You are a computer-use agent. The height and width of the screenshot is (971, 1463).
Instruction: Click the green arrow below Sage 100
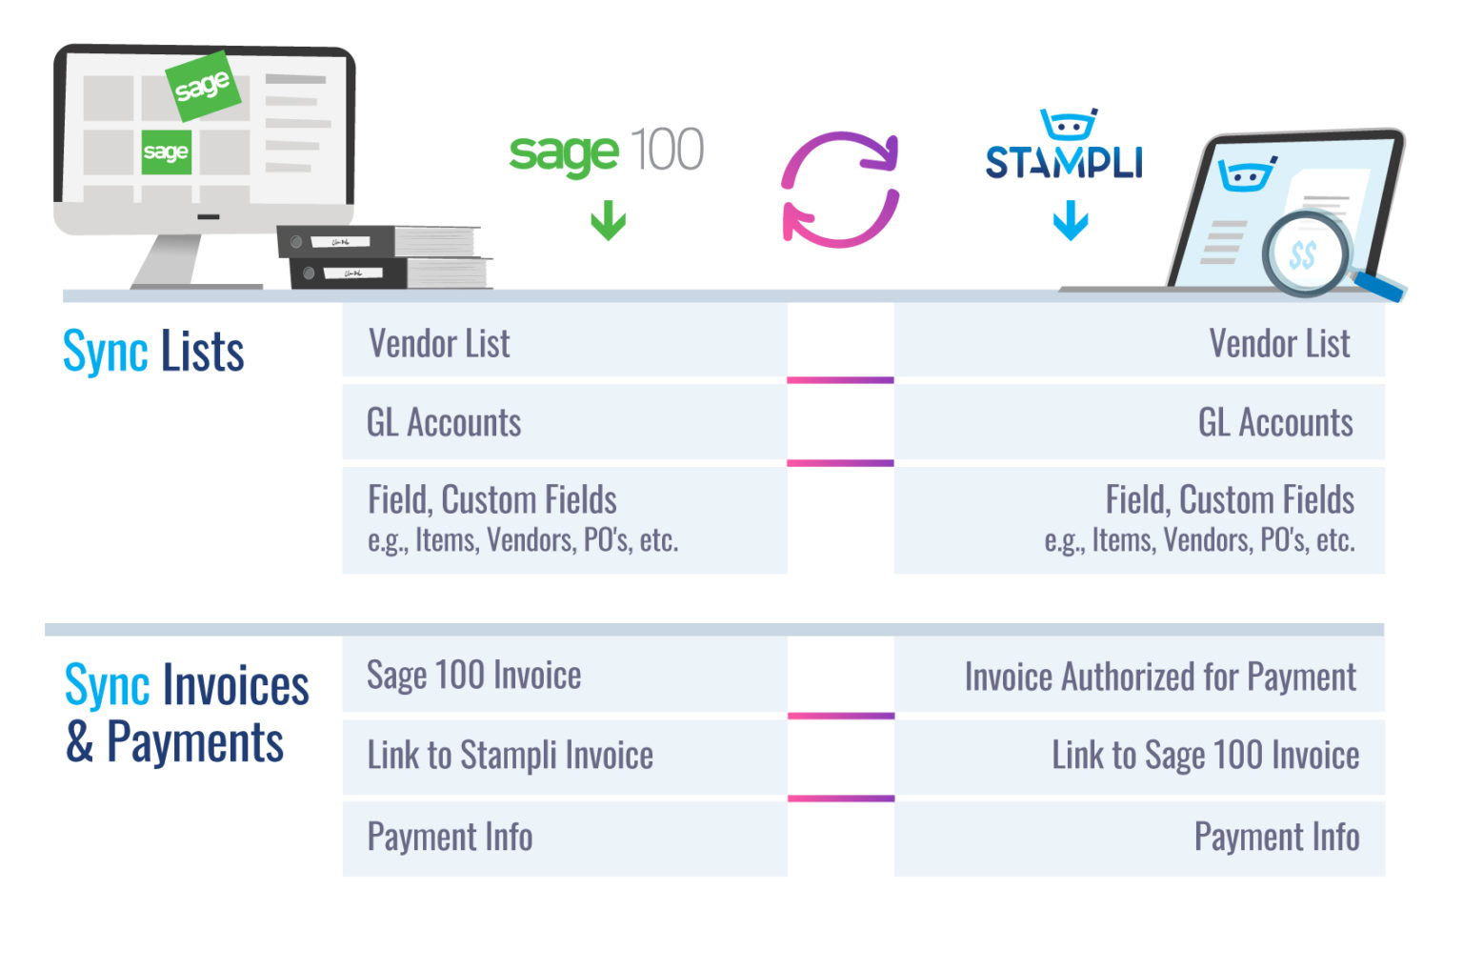point(608,221)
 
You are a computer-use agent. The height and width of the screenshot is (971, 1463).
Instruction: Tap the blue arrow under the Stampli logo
point(1071,220)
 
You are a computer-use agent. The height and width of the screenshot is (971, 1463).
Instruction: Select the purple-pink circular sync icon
point(840,190)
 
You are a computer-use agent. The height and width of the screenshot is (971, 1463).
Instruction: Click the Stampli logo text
point(1064,162)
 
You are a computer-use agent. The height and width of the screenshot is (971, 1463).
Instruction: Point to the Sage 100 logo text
point(606,152)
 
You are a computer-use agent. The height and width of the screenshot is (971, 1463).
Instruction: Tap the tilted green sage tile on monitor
point(202,86)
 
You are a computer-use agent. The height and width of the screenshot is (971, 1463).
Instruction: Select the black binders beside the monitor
point(384,256)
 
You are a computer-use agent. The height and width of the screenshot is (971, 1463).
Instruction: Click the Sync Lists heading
point(153,351)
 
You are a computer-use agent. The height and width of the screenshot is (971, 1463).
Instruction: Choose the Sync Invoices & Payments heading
point(187,713)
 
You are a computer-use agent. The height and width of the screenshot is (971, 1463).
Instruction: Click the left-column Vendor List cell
point(564,343)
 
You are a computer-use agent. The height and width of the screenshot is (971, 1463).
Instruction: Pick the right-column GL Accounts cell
point(1139,422)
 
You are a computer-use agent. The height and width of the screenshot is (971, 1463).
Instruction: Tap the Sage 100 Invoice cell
point(564,675)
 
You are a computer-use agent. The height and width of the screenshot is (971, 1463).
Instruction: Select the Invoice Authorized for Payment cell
point(1139,677)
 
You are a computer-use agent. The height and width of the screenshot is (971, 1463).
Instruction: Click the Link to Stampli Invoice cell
point(564,756)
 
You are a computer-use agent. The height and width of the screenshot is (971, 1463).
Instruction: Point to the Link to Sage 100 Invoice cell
point(1139,756)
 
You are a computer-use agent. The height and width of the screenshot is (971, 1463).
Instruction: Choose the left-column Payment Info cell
point(564,838)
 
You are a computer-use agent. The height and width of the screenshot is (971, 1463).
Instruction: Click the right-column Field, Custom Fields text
point(1229,499)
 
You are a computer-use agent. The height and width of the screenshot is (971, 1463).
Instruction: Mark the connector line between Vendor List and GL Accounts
point(840,380)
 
